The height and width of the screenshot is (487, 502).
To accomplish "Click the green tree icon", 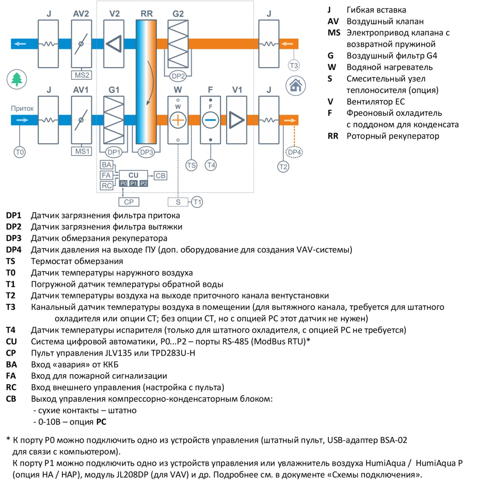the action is coord(17,79).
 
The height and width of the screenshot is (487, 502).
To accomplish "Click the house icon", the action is coord(295,86).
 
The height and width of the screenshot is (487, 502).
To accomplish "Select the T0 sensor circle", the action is coord(20,152).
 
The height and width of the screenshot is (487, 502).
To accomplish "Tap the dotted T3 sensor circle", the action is coord(294,66).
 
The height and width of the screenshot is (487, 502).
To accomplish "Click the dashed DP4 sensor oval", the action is coord(294,152).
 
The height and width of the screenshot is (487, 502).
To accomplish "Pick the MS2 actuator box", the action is coord(81,75).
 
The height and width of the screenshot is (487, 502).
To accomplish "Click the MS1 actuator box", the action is coord(81,151).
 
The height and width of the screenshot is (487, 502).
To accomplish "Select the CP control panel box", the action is coord(129,202).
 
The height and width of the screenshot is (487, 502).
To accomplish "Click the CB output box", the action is coord(160,176).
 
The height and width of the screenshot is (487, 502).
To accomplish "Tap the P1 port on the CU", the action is coord(133,183).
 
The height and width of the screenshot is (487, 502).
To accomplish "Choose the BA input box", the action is coord(106,164).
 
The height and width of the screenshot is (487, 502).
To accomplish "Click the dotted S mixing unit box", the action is coord(178,202).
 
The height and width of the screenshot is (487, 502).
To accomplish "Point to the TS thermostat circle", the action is coord(191,165).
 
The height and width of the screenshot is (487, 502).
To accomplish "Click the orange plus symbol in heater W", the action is coord(178,120).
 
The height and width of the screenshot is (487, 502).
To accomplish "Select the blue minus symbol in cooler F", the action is coord(210,120).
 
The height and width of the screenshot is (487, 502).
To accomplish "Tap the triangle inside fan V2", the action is coord(114,44).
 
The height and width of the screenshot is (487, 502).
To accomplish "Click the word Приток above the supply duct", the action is coord(22,109).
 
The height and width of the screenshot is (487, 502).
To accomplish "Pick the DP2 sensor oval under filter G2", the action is coord(178,76).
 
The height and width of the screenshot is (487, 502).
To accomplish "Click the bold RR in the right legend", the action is coord(333,136).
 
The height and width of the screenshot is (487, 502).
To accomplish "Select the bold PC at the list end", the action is coord(101,422).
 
